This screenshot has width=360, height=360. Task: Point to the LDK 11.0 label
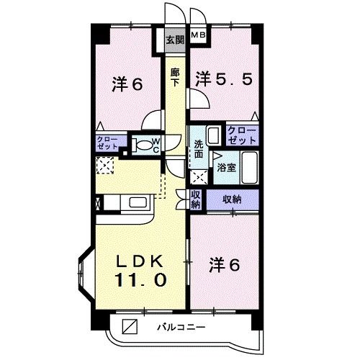(141, 269)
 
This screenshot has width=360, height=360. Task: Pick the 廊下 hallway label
(175, 76)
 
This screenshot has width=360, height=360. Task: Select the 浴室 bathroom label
(225, 167)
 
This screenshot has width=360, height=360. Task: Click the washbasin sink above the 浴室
(213, 135)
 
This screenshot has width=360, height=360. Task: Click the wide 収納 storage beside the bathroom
(232, 199)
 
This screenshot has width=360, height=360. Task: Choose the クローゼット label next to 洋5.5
(242, 134)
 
